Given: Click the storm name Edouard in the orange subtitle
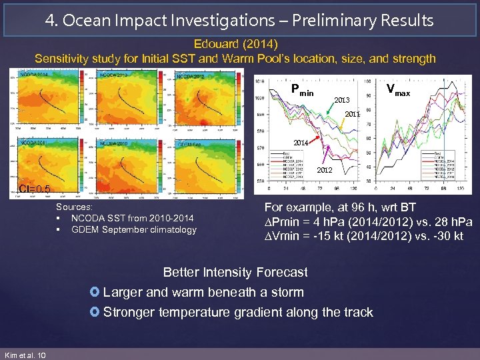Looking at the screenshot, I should [211, 45].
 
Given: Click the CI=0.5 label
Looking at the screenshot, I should [35, 189].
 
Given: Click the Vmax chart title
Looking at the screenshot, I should [398, 91].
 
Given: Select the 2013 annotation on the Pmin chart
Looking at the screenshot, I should [341, 100].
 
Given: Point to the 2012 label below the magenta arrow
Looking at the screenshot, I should [324, 171].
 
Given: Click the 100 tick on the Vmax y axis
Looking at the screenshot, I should [367, 81].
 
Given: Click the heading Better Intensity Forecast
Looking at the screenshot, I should [235, 272].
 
